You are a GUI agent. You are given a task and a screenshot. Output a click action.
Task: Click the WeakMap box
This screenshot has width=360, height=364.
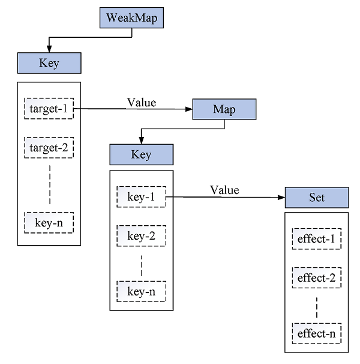pyautogui.click(x=131, y=17)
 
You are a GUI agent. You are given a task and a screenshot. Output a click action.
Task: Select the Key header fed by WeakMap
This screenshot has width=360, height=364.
pyautogui.click(x=49, y=63)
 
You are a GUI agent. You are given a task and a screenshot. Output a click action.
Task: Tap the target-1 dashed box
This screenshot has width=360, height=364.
pyautogui.click(x=49, y=109)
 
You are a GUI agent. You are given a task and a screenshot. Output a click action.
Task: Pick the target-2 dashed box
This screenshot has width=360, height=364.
pyautogui.click(x=49, y=147)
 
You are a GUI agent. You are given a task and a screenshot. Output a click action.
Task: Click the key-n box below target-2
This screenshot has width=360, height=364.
pyautogui.click(x=49, y=222)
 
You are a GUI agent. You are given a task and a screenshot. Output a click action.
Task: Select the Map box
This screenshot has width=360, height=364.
pyautogui.click(x=224, y=109)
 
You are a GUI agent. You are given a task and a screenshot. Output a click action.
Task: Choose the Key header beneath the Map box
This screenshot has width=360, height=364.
pyautogui.click(x=141, y=154)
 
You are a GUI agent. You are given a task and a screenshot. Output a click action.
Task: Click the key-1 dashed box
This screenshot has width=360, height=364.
pyautogui.click(x=141, y=197)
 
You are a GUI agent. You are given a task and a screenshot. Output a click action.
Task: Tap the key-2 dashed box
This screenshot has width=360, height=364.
pyautogui.click(x=141, y=236)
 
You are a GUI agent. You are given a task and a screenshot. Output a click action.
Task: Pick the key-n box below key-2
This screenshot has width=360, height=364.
pyautogui.click(x=141, y=291)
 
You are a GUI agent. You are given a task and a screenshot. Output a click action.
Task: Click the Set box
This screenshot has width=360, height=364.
pyautogui.click(x=316, y=197)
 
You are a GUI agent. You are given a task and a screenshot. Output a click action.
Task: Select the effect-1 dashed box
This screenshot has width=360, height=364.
pyautogui.click(x=316, y=240)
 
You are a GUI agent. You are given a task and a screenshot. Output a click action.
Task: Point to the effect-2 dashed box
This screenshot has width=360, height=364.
pyautogui.click(x=316, y=278)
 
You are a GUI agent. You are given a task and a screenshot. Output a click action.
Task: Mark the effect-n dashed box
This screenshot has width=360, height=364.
pyautogui.click(x=316, y=333)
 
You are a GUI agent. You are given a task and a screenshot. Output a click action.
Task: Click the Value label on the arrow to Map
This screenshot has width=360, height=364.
pyautogui.click(x=142, y=102)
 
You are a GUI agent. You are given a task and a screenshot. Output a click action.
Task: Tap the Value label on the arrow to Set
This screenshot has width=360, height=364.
pyautogui.click(x=224, y=190)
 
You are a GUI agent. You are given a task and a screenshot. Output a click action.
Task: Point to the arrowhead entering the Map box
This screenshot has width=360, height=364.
pyautogui.click(x=188, y=109)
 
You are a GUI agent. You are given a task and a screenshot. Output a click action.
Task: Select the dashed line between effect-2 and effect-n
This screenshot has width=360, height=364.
pyautogui.click(x=316, y=306)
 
